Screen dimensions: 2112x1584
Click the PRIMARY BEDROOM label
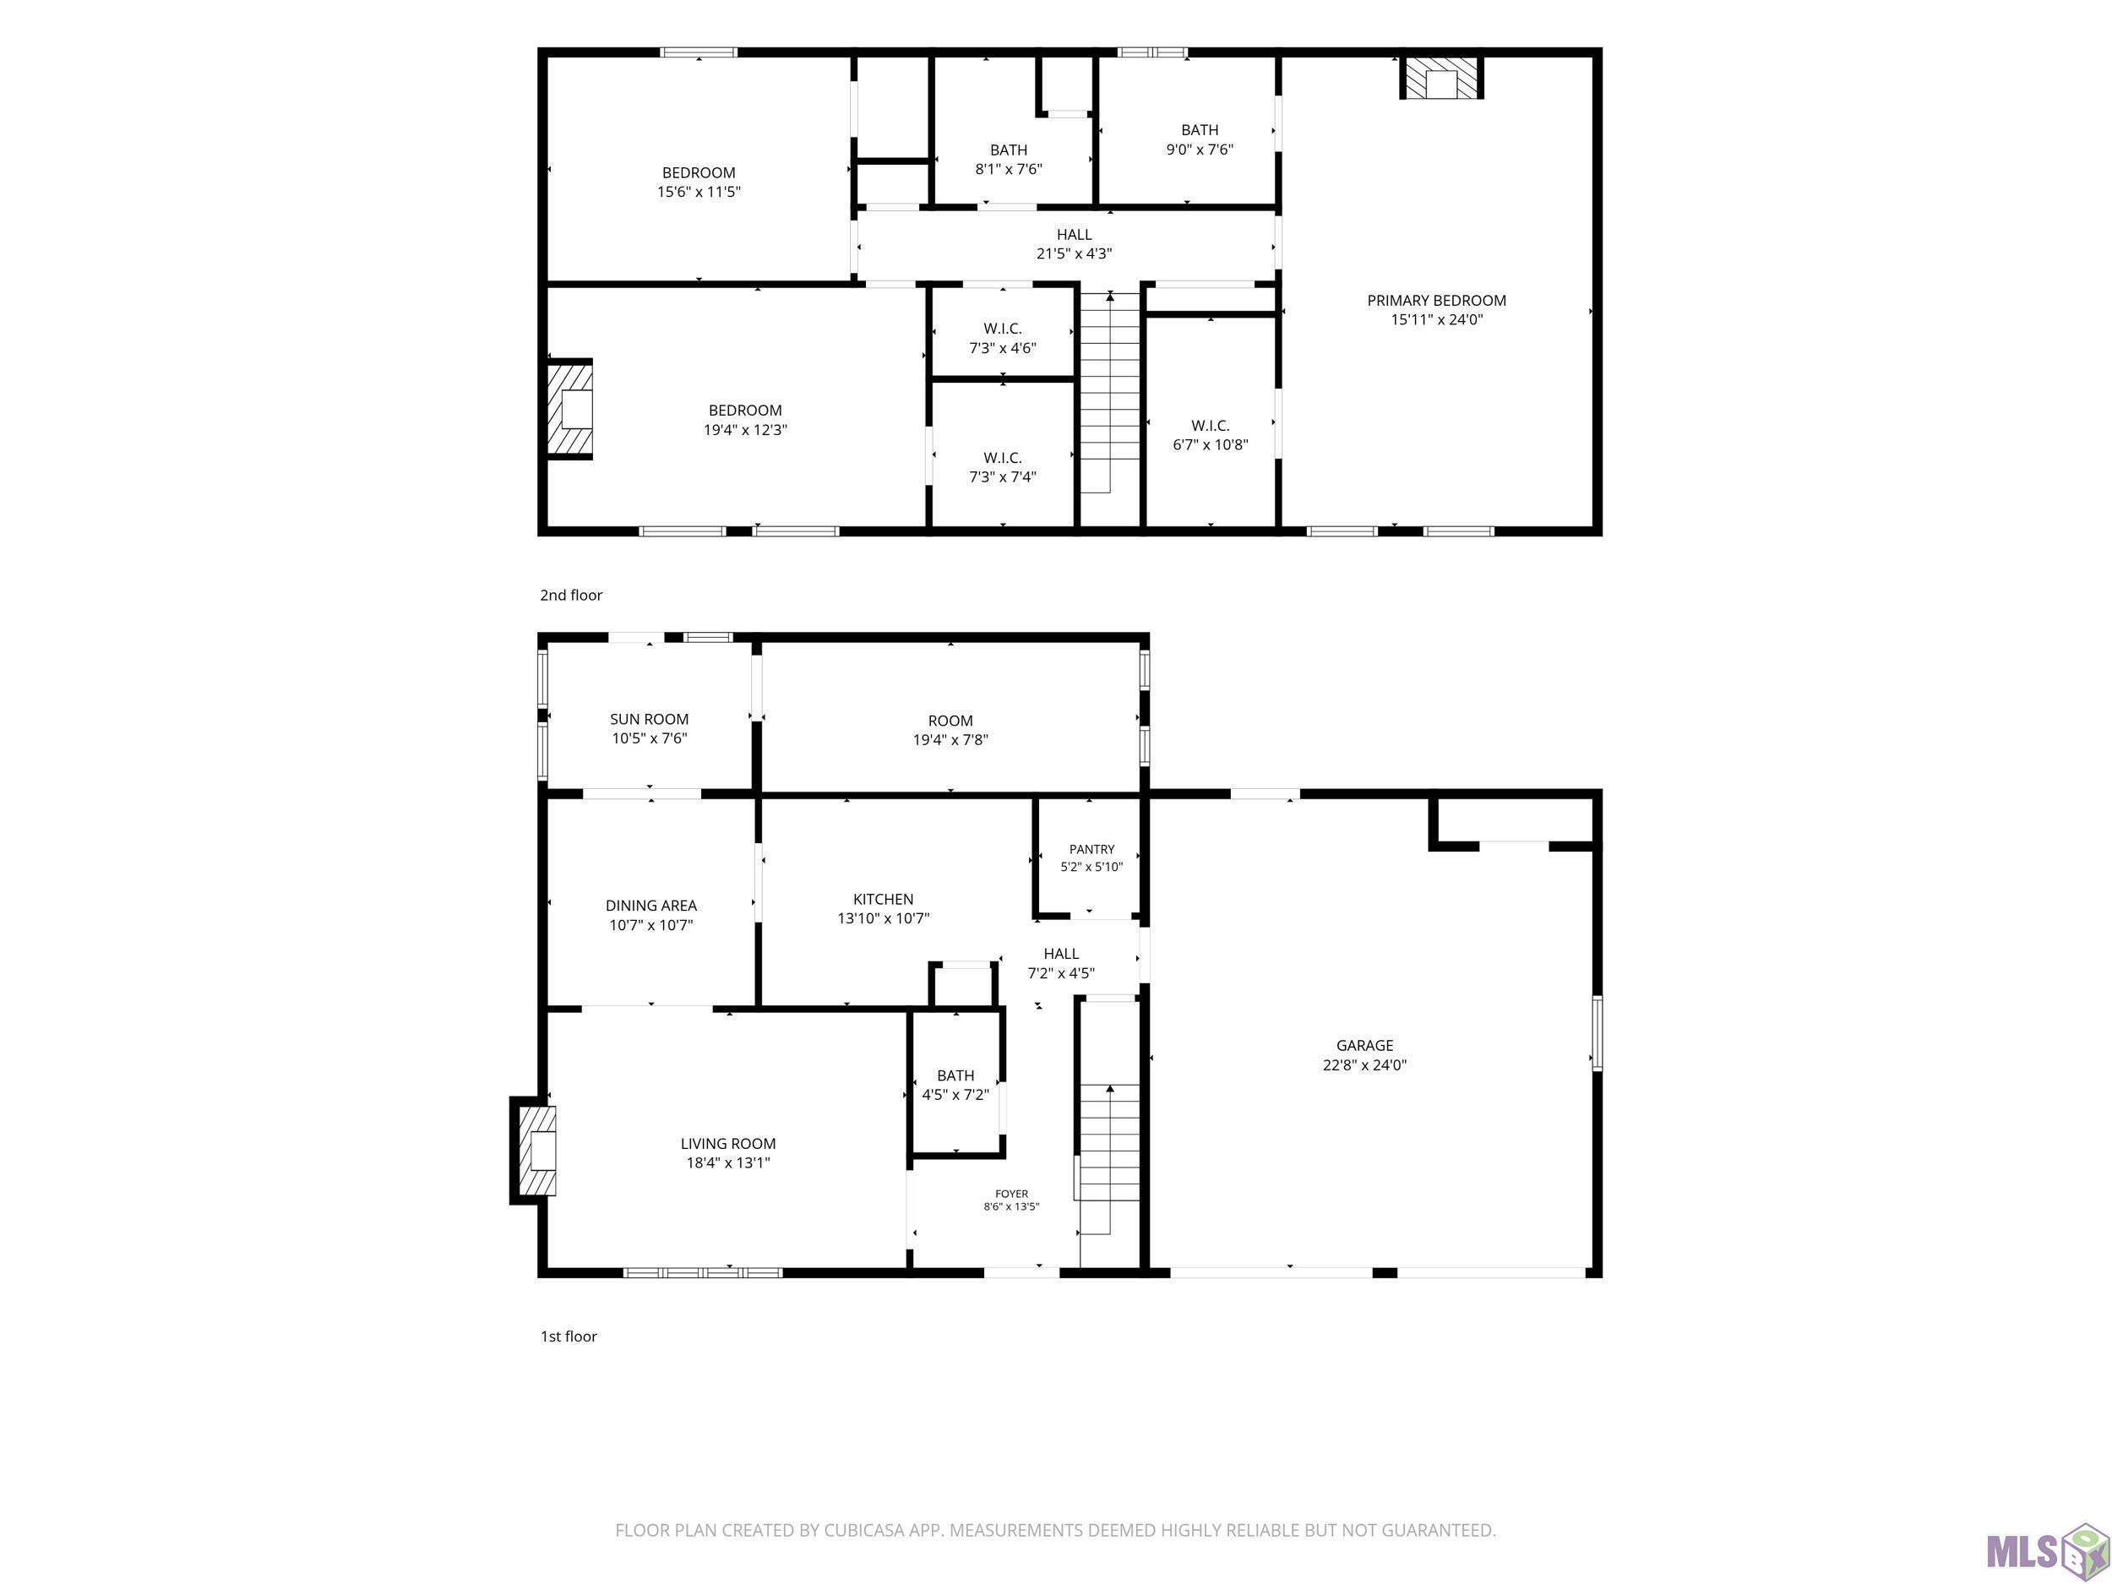point(1436,301)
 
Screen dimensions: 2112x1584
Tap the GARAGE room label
point(1364,1046)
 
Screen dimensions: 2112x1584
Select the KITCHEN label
point(883,900)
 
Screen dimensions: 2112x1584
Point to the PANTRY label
point(1091,849)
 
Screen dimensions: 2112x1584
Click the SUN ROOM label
point(650,719)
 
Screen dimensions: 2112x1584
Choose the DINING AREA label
point(651,905)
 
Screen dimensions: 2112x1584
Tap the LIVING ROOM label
point(727,1143)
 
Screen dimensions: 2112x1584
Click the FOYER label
point(1012,1194)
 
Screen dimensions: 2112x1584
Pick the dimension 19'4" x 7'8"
point(950,739)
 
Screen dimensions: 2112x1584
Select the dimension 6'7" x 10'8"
point(1211,444)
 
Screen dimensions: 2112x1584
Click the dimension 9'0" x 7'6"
point(1200,149)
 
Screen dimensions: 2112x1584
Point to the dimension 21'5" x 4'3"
point(1074,253)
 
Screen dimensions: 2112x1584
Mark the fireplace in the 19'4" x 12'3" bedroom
point(570,409)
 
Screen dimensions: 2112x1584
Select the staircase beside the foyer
point(1108,1159)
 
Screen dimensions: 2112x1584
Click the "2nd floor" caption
point(571,595)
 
